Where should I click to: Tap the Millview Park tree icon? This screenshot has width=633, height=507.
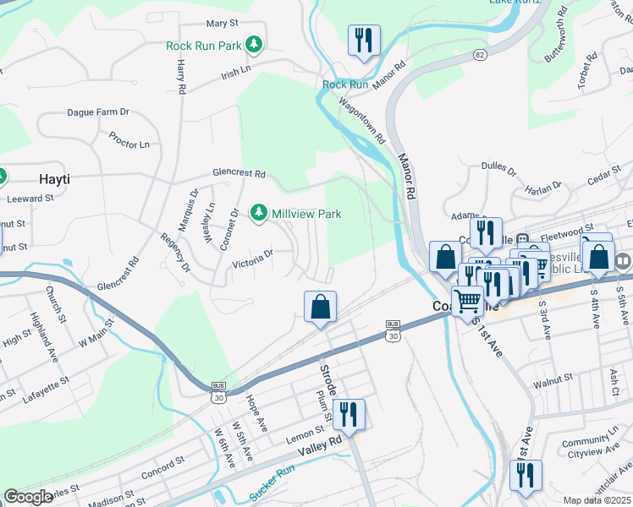[x=260, y=214]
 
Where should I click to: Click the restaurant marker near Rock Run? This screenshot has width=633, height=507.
[x=364, y=40]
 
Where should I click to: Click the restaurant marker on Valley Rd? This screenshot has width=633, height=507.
[x=349, y=415]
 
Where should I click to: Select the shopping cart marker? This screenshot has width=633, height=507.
[x=466, y=300]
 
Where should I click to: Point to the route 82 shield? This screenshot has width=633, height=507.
[x=481, y=54]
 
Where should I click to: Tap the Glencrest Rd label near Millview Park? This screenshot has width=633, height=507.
[x=239, y=174]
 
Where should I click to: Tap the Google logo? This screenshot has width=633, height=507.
[x=29, y=496]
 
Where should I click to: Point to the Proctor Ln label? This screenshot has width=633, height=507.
[x=129, y=139]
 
